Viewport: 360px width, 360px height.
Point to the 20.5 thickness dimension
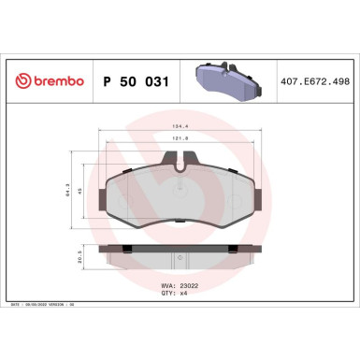(x=82, y=253)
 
